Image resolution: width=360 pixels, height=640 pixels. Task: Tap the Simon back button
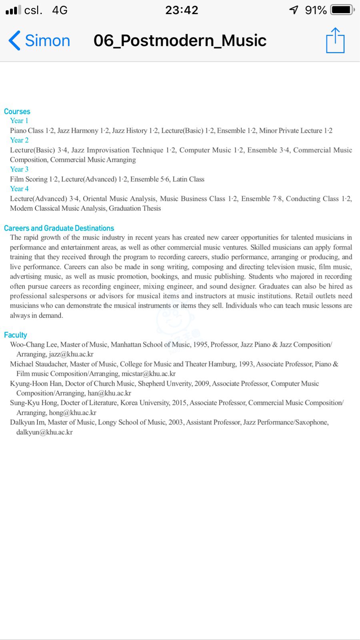point(39,41)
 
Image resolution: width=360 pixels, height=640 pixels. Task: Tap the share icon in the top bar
point(335,40)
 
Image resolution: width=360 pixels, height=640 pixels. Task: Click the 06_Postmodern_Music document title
point(180,41)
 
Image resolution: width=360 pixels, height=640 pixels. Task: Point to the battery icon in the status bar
point(342,10)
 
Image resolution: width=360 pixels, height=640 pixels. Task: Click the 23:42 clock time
point(182,10)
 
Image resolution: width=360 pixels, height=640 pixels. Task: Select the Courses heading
point(17,112)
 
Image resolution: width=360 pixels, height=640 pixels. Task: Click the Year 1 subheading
point(19,121)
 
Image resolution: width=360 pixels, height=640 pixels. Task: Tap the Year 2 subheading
point(19,140)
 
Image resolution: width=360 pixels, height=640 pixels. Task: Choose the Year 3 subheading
point(19,169)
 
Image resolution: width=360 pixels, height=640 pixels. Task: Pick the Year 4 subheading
point(19,189)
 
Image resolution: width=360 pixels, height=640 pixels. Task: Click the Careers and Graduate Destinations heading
point(59,228)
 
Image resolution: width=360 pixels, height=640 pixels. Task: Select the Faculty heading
point(16,335)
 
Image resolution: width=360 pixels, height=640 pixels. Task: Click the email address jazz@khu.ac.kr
point(71,354)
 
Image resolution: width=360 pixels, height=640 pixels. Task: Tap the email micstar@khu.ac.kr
point(148,374)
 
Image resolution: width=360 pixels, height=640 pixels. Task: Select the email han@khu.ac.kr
point(109,393)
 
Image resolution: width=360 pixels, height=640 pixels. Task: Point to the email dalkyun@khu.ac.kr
point(44,432)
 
